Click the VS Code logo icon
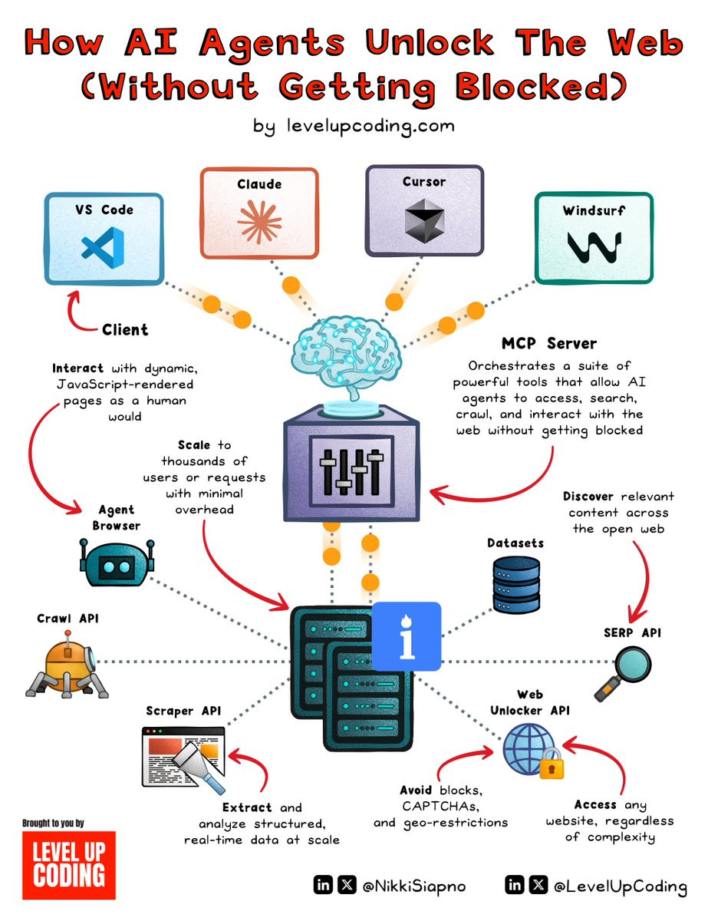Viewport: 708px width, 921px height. [x=103, y=248]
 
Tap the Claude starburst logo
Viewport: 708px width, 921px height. [x=259, y=222]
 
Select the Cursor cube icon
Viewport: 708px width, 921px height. [x=424, y=222]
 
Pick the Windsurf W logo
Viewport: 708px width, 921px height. [x=594, y=248]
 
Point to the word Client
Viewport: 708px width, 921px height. [x=125, y=329]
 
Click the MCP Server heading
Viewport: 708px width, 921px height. [x=549, y=343]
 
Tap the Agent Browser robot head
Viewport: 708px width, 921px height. [x=117, y=563]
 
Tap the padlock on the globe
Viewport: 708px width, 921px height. [x=552, y=764]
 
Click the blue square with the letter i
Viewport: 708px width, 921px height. [x=407, y=636]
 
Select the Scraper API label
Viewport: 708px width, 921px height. [x=183, y=711]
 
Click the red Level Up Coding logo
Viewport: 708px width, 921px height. [x=69, y=865]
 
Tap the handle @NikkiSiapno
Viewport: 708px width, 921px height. [x=413, y=886]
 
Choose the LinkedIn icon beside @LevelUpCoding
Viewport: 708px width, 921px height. [x=515, y=885]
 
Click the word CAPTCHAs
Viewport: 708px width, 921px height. [x=441, y=806]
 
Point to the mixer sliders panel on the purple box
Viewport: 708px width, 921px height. [x=351, y=471]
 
